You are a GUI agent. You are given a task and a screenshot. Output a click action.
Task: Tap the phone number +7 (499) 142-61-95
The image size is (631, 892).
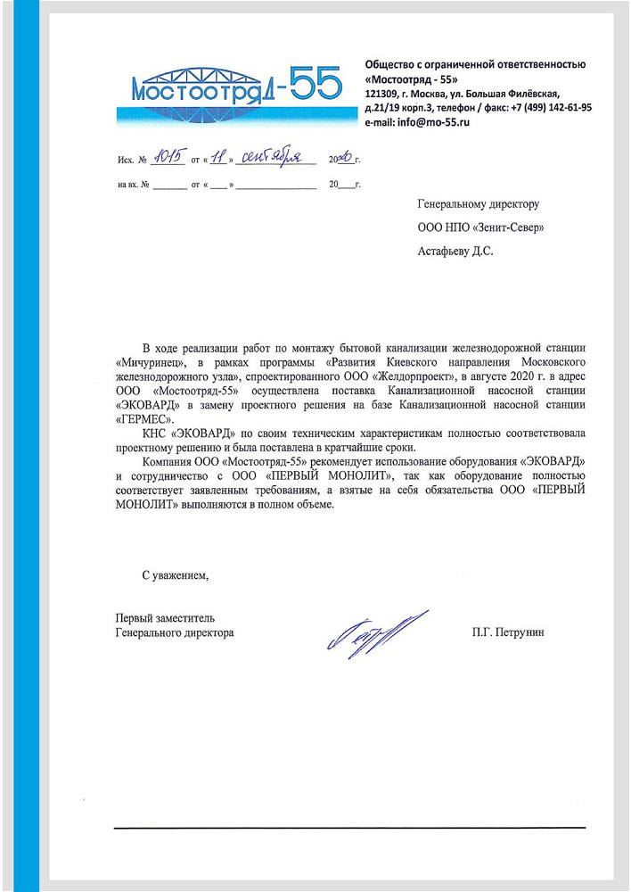[550, 107]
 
